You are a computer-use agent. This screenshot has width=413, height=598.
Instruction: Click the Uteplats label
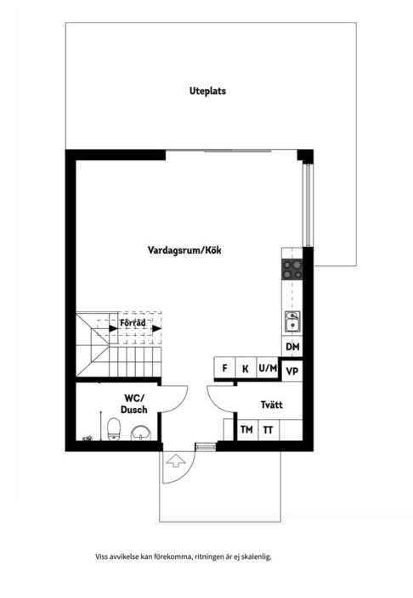(207, 91)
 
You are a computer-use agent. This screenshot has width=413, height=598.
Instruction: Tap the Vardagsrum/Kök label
(184, 250)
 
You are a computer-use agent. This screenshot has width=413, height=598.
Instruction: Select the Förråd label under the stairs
(133, 323)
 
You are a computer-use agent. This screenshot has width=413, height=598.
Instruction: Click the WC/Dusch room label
(133, 404)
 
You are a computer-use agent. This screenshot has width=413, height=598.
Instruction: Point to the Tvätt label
(272, 405)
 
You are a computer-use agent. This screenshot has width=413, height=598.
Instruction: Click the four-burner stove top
(292, 269)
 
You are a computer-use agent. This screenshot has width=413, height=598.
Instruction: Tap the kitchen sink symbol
(292, 321)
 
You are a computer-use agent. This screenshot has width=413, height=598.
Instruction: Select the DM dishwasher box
(292, 347)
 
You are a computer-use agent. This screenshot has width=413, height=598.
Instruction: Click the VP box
(292, 371)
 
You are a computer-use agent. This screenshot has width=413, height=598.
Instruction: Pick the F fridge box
(224, 368)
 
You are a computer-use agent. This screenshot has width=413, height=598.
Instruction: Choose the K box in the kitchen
(246, 368)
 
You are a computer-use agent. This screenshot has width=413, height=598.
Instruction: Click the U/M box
(268, 368)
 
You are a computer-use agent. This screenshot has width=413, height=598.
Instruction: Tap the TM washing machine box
(247, 430)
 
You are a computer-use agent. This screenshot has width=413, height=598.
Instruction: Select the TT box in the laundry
(269, 430)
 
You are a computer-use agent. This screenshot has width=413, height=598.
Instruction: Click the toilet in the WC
(114, 429)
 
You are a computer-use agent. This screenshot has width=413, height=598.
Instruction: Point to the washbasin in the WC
(141, 433)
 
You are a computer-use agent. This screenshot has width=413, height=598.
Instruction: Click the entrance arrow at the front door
(176, 461)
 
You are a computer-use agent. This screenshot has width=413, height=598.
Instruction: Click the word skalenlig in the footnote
(257, 556)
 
